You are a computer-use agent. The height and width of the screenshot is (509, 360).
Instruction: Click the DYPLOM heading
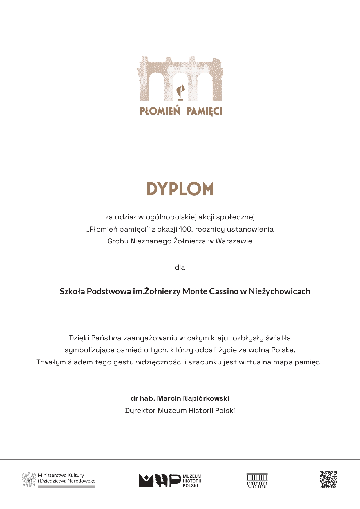[180, 189]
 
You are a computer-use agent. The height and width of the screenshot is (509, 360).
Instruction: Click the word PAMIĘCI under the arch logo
[204, 111]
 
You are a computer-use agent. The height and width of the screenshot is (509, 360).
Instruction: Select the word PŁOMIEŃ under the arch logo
[160, 111]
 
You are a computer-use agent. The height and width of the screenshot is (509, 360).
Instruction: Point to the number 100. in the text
[185, 229]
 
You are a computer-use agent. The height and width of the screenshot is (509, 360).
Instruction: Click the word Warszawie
[234, 241]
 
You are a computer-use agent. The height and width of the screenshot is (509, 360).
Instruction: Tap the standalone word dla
[180, 267]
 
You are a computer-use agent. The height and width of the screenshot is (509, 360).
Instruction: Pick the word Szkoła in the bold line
[72, 291]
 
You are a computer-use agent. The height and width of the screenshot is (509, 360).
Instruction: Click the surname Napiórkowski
[206, 398]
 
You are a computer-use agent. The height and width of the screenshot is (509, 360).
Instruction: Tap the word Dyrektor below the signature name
[140, 411]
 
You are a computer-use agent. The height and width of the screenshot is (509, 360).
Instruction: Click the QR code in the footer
[328, 479]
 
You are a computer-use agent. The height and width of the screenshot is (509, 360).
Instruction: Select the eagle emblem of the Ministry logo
[29, 479]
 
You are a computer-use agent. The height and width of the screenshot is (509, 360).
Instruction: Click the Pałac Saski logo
[257, 481]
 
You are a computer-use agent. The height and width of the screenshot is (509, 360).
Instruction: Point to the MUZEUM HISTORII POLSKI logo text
[192, 481]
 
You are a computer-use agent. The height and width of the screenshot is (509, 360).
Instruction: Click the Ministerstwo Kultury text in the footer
[61, 475]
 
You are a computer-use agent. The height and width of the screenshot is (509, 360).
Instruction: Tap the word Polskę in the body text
[283, 350]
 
